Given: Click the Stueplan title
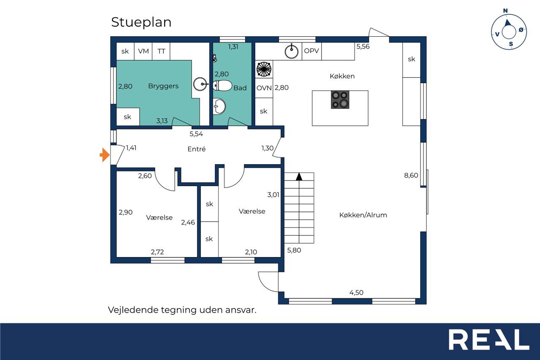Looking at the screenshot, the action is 141,22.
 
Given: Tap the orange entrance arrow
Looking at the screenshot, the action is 105,155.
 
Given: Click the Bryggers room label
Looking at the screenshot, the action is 163,86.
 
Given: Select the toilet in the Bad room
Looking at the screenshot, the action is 222,86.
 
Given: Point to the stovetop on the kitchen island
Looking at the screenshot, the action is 340,100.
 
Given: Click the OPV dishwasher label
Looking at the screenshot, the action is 311,51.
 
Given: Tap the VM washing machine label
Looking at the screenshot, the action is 143,51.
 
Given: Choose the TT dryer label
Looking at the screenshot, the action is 161,51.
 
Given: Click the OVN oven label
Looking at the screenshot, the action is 264,88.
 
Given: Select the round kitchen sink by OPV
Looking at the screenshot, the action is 292,51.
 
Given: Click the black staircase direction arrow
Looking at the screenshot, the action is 299,177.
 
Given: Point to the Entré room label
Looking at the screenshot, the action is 197,149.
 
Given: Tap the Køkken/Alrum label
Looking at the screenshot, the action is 363,215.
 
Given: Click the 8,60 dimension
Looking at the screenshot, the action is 411,175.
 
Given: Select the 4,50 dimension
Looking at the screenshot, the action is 356,292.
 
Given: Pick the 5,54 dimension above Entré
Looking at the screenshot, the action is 196,134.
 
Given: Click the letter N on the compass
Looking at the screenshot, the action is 505,11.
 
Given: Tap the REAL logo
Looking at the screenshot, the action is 489,339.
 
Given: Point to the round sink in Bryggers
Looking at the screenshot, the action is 200,84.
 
